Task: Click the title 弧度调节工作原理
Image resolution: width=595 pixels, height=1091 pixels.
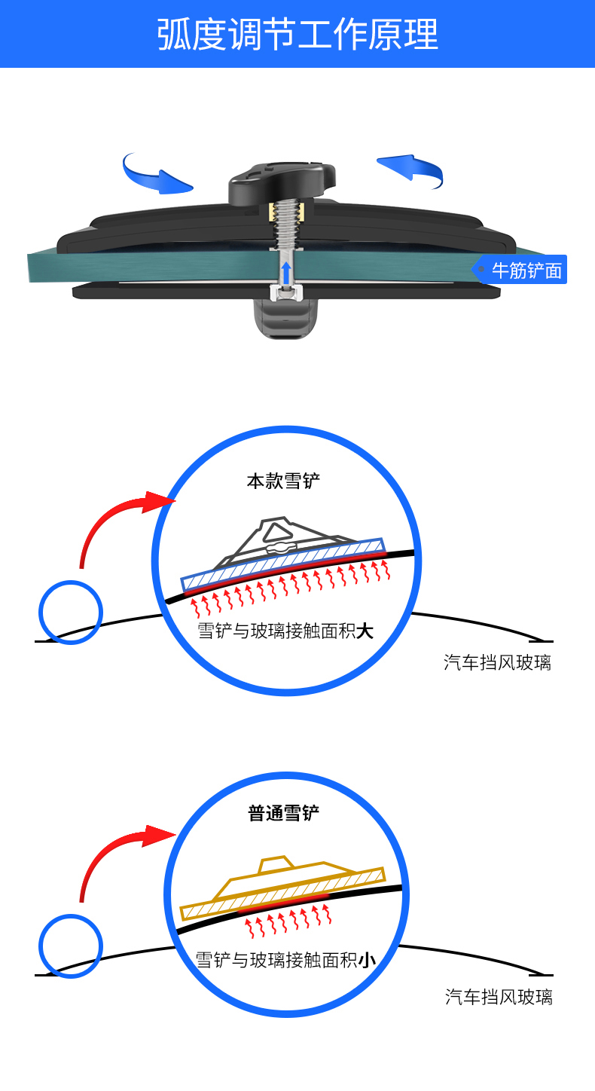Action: pyautogui.click(x=297, y=34)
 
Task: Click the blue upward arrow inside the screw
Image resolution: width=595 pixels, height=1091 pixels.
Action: pyautogui.click(x=285, y=272)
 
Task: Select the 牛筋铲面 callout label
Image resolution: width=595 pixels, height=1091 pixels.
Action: pyautogui.click(x=525, y=270)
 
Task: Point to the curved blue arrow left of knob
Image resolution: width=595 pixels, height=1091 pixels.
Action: pyautogui.click(x=154, y=173)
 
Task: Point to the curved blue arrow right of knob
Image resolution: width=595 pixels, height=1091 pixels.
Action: pyautogui.click(x=413, y=168)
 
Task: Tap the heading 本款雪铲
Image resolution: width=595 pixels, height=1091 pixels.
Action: pyautogui.click(x=283, y=481)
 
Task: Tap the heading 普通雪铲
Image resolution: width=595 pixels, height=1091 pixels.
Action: pyautogui.click(x=284, y=814)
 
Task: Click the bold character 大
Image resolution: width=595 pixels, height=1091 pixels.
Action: pyautogui.click(x=365, y=631)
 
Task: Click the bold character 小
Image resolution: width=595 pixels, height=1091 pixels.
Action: pyautogui.click(x=367, y=960)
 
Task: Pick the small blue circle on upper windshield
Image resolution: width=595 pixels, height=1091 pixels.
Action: pyautogui.click(x=70, y=611)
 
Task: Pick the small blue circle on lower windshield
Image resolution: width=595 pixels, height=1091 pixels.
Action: pyautogui.click(x=70, y=946)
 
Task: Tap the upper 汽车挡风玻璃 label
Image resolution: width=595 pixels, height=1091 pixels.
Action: pyautogui.click(x=497, y=663)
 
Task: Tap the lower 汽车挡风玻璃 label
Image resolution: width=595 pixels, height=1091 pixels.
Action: pyautogui.click(x=499, y=997)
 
